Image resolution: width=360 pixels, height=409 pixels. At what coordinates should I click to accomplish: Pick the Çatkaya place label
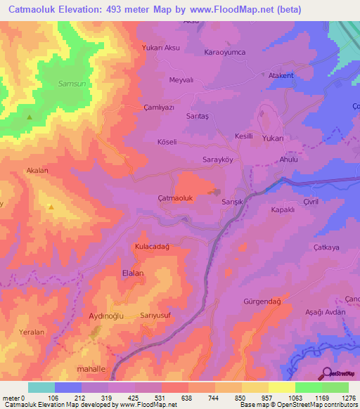point(326,247)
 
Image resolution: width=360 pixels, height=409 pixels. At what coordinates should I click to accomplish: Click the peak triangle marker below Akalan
point(51,207)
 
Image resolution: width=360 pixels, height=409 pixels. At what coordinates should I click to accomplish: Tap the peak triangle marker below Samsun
point(30,117)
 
